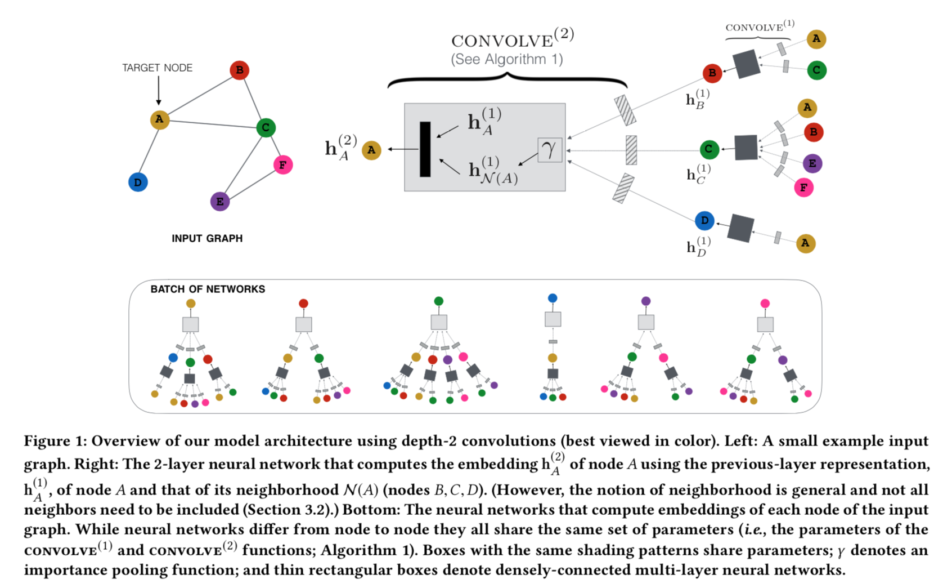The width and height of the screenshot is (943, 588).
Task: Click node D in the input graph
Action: coord(138,182)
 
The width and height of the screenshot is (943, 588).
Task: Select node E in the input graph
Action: coord(219,201)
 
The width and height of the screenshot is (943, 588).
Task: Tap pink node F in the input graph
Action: coord(282,164)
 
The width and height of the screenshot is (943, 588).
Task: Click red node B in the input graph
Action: coord(239,70)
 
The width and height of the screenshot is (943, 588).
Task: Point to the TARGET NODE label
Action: coord(157,68)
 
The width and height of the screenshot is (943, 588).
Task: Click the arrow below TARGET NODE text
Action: coord(159,90)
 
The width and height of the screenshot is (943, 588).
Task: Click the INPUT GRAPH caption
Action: coord(207,238)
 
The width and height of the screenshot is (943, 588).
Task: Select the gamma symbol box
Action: coord(550,150)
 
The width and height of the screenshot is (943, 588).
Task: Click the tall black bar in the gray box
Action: coord(425,149)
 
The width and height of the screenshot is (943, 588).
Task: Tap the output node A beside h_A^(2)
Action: coord(371,150)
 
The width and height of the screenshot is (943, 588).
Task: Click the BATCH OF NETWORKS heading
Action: coord(208,289)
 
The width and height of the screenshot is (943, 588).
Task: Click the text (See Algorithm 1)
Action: coord(506,60)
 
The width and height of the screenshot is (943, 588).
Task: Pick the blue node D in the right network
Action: coord(704,220)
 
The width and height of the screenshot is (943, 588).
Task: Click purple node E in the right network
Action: coord(812,163)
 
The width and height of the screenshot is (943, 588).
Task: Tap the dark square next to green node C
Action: coord(746,148)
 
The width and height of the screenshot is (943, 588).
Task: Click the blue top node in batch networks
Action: coord(553,298)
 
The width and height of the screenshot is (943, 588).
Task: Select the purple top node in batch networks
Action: coord(646,301)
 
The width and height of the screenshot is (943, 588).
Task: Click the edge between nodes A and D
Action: coord(149,150)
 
